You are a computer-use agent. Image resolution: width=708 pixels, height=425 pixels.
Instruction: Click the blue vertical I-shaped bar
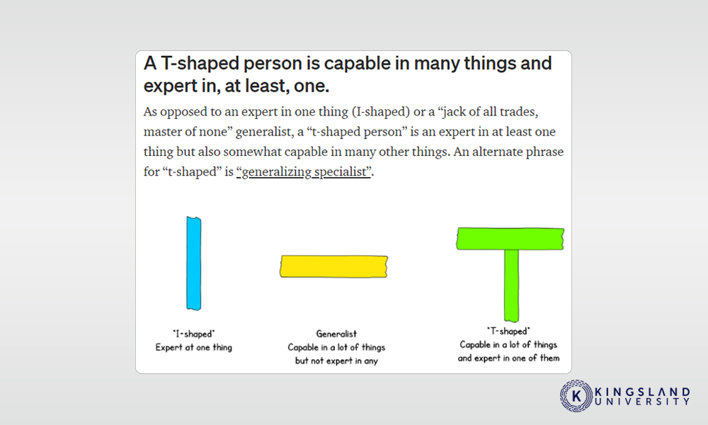[x=194, y=263]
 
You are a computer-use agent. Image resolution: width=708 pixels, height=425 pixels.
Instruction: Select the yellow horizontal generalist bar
[x=333, y=266]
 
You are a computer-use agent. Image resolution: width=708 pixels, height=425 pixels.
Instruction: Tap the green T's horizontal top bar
[x=510, y=239]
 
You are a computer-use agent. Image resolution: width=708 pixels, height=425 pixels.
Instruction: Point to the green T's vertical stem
[x=512, y=285]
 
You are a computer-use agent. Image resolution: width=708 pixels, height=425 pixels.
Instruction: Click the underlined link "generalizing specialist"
[x=304, y=172]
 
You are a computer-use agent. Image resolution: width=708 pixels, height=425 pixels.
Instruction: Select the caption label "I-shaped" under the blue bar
[x=194, y=334]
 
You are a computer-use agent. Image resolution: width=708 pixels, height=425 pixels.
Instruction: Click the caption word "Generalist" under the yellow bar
[x=336, y=334]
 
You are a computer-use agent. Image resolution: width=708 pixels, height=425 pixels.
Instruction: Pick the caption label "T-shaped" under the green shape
[x=508, y=331]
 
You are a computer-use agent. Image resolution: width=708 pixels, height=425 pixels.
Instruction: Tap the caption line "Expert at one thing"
[x=194, y=347]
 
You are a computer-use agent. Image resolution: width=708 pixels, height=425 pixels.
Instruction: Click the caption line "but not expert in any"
[x=336, y=361]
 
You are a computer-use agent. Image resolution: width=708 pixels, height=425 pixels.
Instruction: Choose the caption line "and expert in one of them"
[x=508, y=358]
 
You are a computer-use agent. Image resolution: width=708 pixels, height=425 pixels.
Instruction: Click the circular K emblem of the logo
[x=576, y=396]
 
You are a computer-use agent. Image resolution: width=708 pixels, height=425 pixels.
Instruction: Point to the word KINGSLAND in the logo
[x=643, y=392]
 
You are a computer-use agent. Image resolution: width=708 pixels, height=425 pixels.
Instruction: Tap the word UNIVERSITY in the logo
[x=643, y=402]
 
